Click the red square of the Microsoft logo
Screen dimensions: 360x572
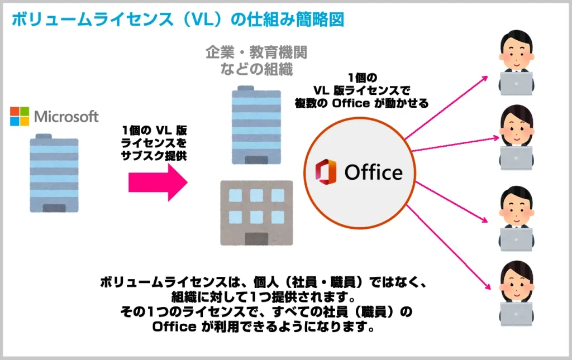(x=15, y=112)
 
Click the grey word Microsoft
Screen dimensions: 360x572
(x=66, y=117)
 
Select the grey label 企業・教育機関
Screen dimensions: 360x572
(x=256, y=53)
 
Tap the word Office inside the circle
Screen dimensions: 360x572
(x=373, y=172)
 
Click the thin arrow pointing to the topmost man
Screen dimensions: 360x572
(x=447, y=106)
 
